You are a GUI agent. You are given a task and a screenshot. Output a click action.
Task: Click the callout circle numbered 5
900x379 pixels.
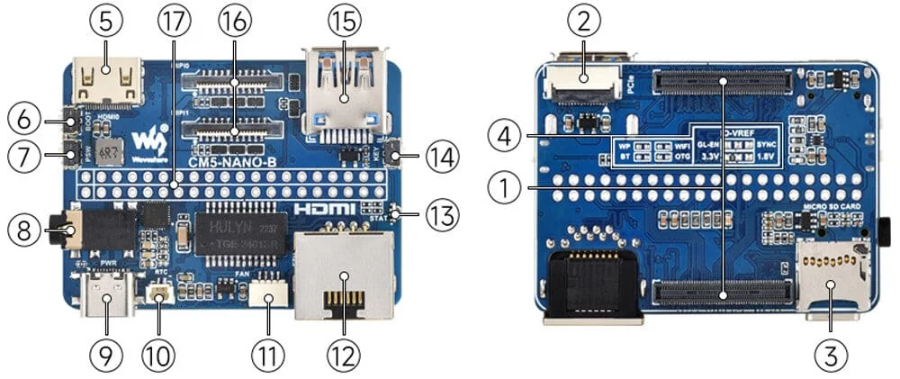[x=105, y=20]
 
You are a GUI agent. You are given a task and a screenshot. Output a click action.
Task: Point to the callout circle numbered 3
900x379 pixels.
[x=830, y=354]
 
